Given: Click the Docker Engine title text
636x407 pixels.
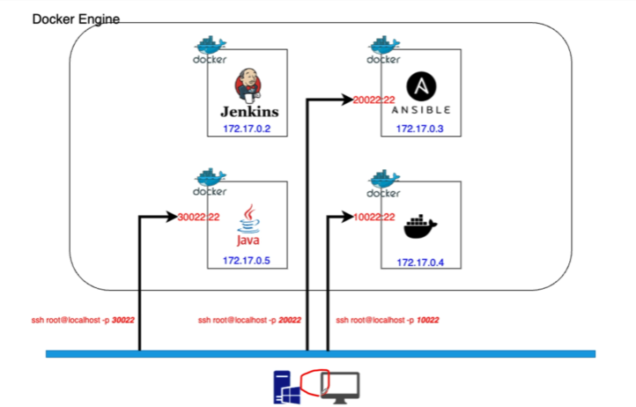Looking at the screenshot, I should click(76, 18).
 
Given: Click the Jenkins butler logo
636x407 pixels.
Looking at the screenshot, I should click(248, 86).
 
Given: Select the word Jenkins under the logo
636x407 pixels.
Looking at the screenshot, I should click(248, 112).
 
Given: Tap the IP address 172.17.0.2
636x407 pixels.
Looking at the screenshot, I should click(248, 129).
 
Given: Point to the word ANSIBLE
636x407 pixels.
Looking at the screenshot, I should click(421, 110).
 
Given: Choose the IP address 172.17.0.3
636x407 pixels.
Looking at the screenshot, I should click(421, 129).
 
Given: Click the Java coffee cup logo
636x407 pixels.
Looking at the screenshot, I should click(248, 219).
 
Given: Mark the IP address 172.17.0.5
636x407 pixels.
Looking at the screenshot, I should click(248, 261).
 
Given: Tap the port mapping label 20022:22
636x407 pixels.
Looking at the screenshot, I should click(373, 100).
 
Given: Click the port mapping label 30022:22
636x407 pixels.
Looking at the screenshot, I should click(198, 217).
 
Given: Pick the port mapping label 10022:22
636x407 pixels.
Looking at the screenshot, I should click(373, 217).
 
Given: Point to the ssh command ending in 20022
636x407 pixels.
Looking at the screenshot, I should click(250, 320).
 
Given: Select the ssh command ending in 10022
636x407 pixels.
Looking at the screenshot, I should click(388, 320).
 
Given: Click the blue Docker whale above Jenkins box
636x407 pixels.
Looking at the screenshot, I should click(210, 45).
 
